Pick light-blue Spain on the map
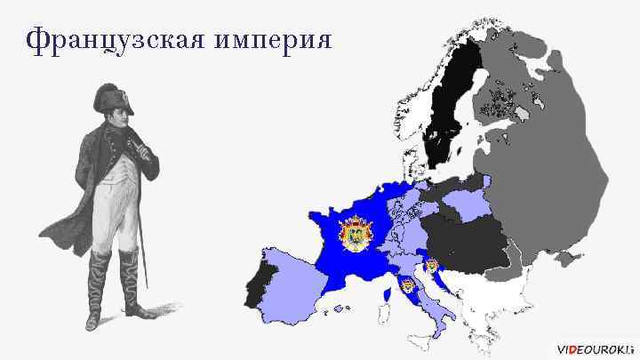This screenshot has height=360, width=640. tap(293, 280)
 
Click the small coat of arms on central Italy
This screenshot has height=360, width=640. tap(408, 286)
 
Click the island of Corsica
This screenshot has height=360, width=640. tap(388, 293)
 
